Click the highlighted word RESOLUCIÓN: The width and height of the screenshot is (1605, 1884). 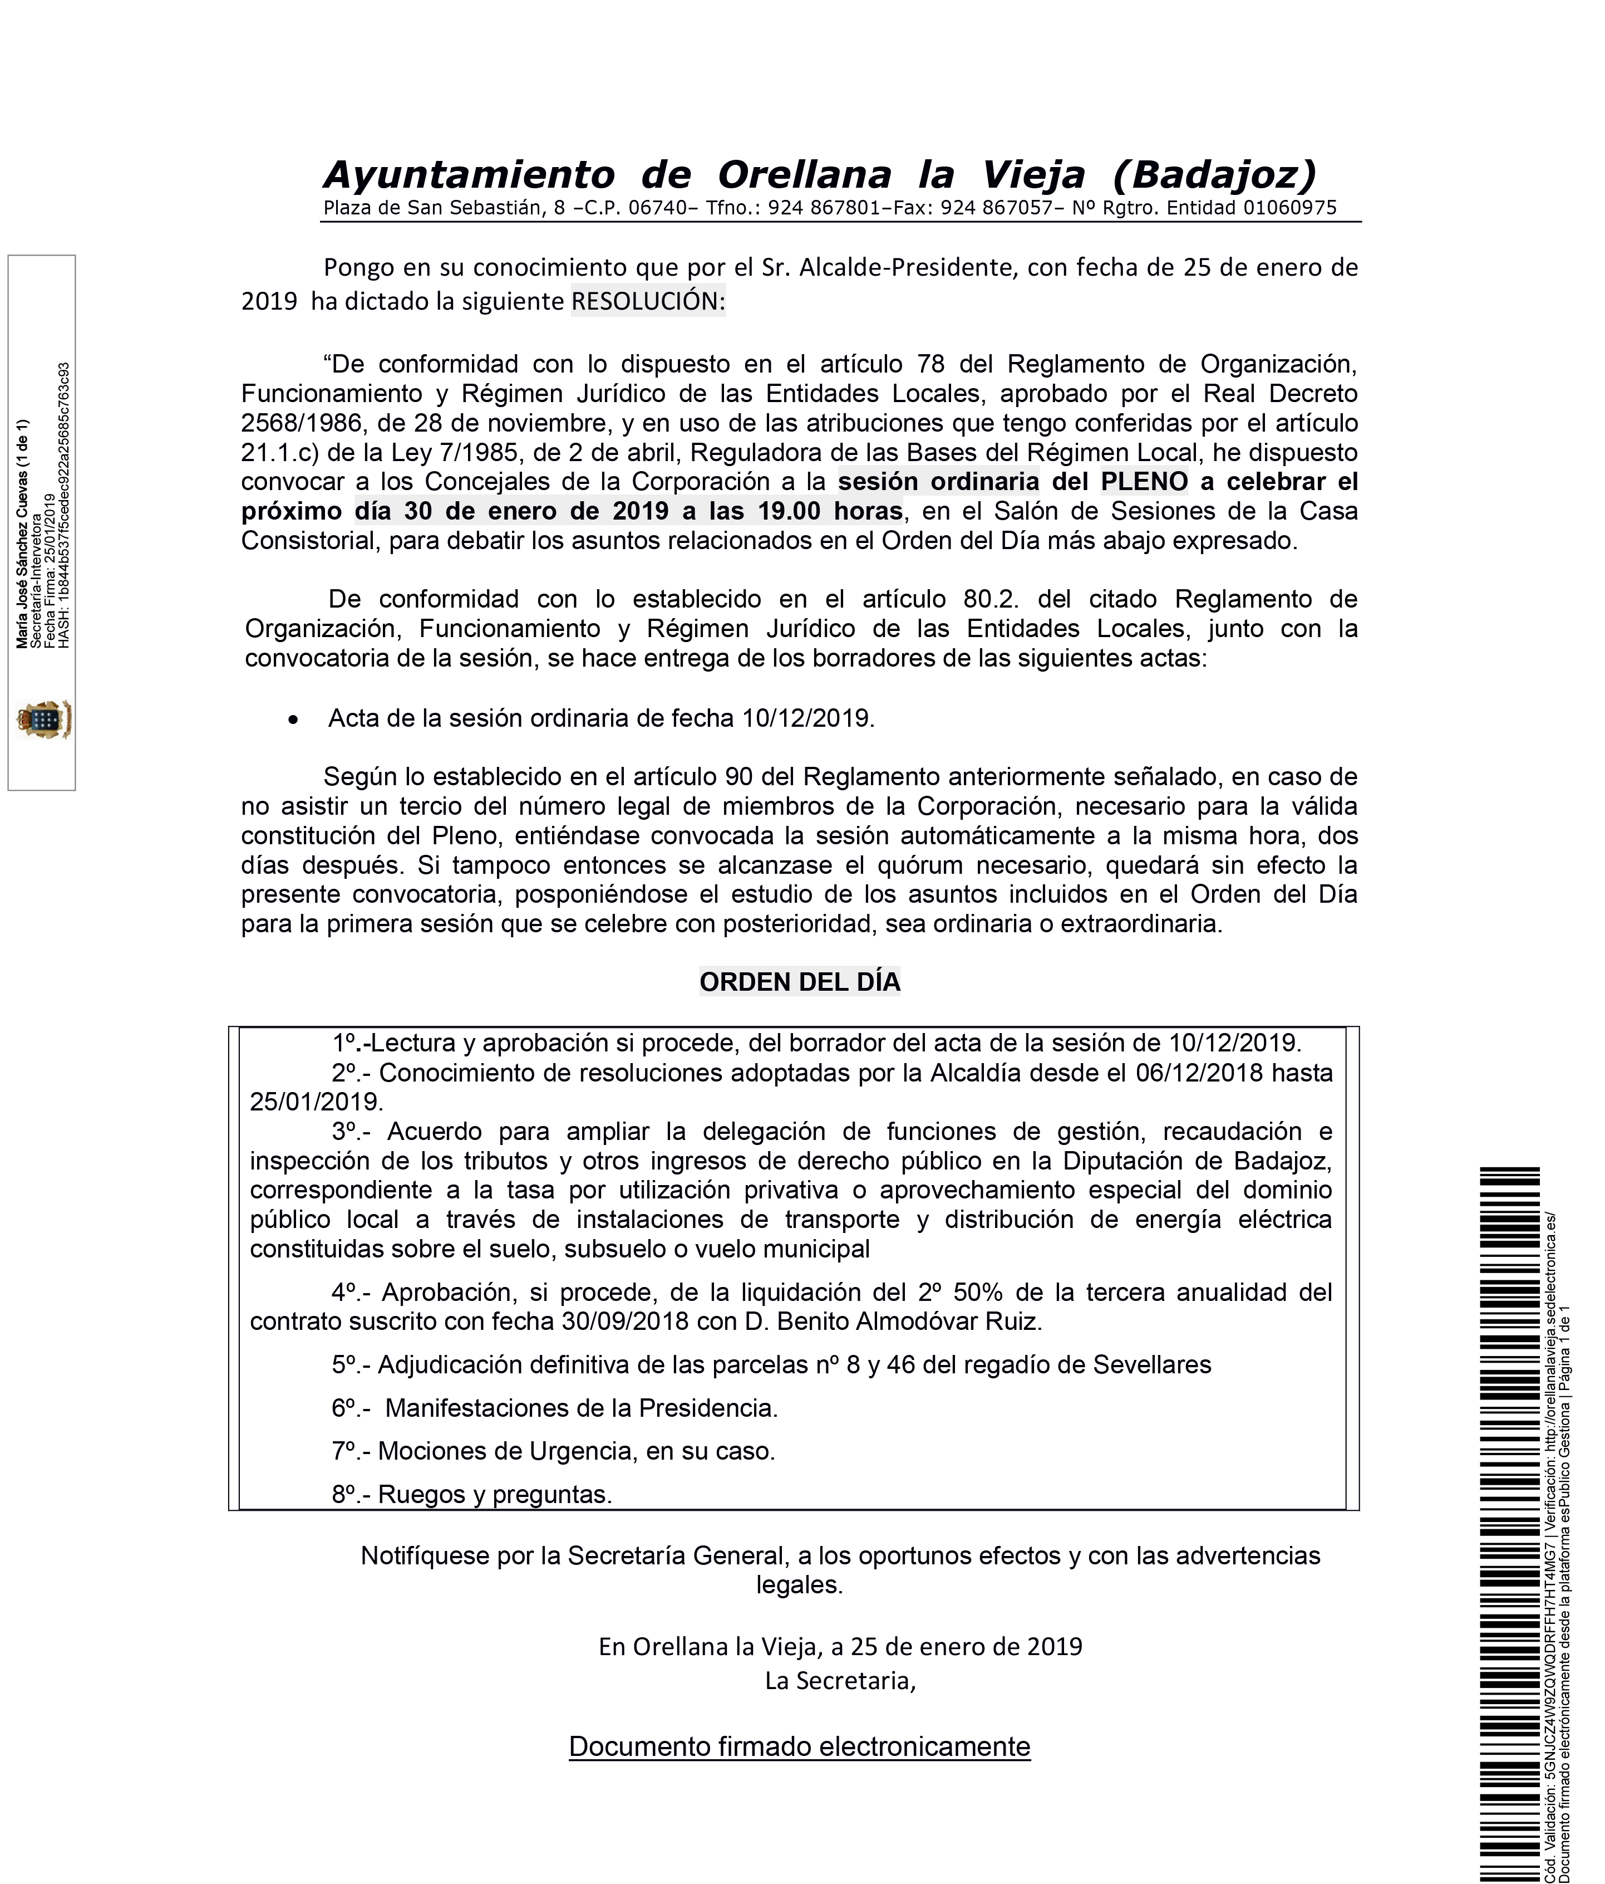tap(648, 301)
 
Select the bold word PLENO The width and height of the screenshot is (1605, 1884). tap(1143, 481)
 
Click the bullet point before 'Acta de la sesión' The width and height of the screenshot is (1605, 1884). tap(292, 719)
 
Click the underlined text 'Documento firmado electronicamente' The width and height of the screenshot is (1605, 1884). tap(799, 1746)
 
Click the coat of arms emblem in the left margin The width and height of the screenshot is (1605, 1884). tap(43, 720)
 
